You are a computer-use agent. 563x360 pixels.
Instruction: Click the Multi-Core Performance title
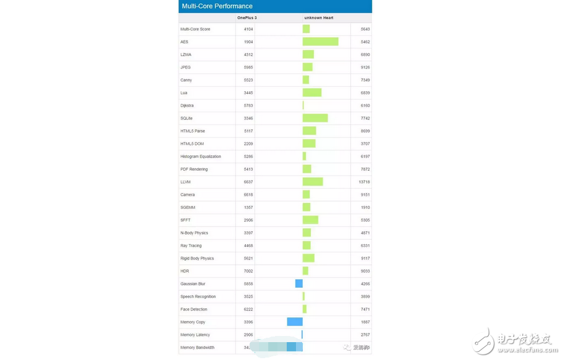click(x=216, y=6)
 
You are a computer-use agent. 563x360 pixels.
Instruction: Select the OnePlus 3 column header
click(x=247, y=18)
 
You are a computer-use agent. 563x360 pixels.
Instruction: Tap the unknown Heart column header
click(x=319, y=18)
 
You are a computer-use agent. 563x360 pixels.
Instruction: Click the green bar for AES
click(x=320, y=42)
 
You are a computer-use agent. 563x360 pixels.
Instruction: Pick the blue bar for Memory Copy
click(x=295, y=322)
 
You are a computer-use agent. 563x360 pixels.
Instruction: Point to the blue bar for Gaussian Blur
click(x=299, y=284)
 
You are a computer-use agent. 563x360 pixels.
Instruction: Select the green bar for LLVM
click(x=313, y=182)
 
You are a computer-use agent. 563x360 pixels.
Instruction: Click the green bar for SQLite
click(x=315, y=118)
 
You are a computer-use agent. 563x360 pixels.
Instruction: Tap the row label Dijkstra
click(x=187, y=105)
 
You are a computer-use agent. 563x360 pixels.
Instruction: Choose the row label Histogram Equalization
click(x=200, y=157)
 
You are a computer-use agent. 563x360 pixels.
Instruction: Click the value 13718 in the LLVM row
click(x=364, y=182)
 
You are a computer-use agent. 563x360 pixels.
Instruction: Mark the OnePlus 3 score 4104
click(x=249, y=29)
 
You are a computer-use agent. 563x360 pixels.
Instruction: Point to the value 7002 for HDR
click(x=249, y=271)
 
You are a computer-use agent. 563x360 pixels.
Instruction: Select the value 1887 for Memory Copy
click(x=365, y=322)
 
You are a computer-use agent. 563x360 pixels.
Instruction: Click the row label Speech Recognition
click(x=198, y=297)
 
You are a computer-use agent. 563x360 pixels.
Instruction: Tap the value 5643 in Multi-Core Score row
click(x=365, y=29)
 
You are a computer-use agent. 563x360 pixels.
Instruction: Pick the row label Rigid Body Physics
click(x=197, y=258)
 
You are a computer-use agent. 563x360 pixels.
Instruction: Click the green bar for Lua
click(x=312, y=92)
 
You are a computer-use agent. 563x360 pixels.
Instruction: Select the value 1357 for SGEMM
click(x=249, y=208)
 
